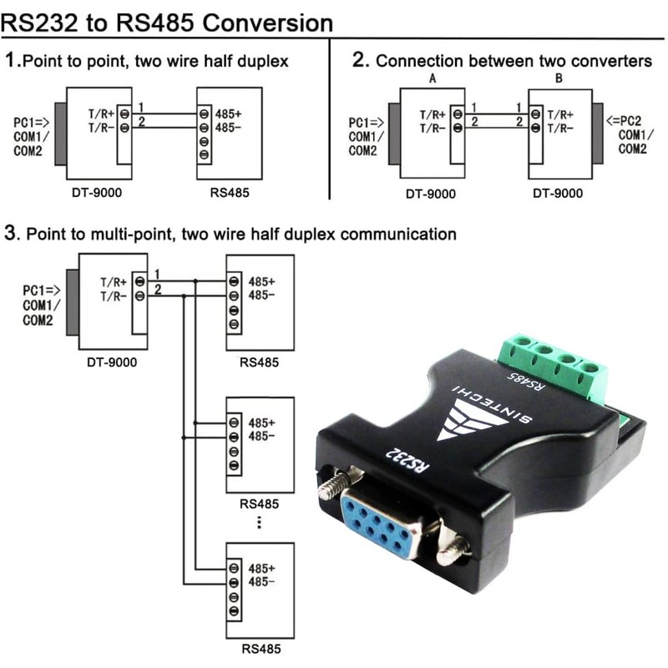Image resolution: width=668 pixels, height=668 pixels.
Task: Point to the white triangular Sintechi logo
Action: click(x=472, y=417)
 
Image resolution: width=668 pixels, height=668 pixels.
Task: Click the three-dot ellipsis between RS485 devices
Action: click(x=260, y=522)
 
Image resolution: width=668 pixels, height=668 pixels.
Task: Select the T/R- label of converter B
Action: click(x=560, y=128)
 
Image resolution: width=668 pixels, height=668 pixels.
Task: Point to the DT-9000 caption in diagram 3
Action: click(x=112, y=362)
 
